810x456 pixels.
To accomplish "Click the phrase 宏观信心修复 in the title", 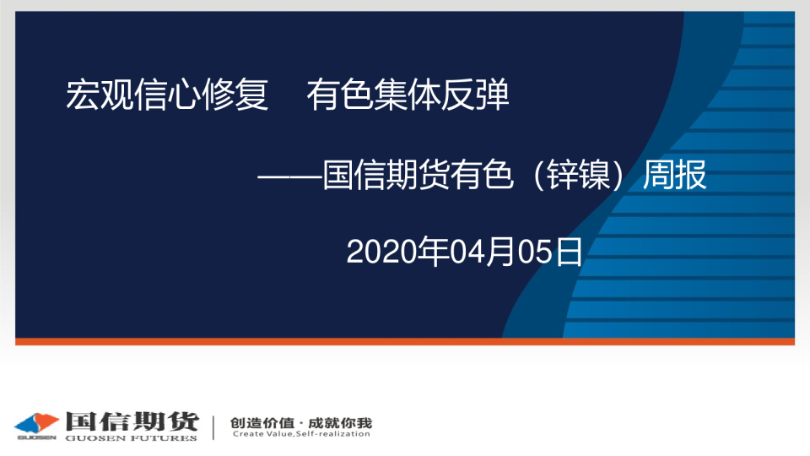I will (167, 95).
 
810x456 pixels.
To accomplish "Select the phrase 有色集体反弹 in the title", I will (408, 95).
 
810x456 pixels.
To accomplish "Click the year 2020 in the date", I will (375, 252).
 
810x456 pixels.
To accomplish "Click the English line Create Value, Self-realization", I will (300, 434).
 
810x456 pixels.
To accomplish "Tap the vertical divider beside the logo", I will (213, 426).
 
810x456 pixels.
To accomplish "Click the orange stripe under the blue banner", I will (405, 341).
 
